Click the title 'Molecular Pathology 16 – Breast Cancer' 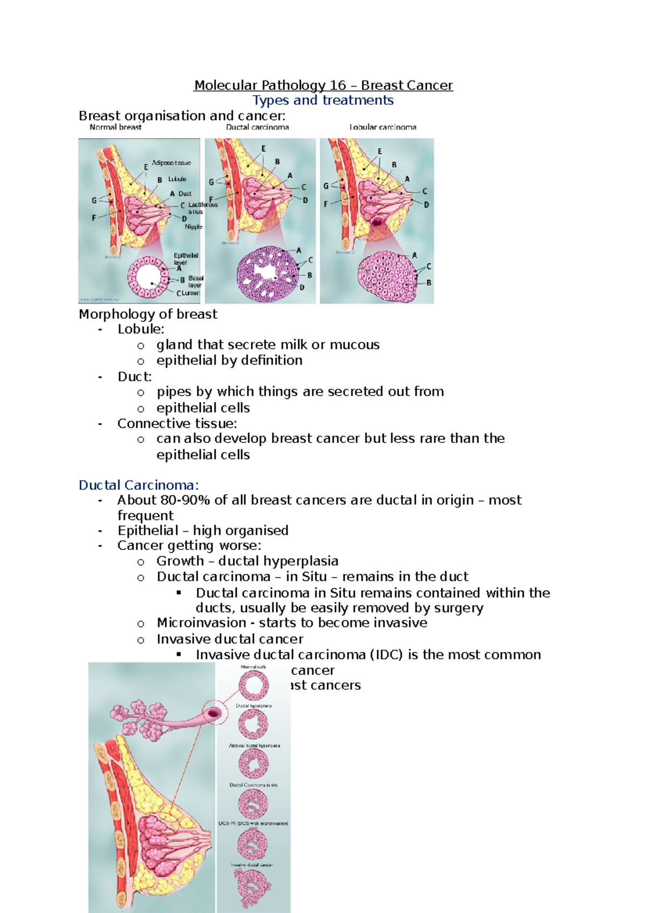[x=323, y=85]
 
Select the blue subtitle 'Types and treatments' [x=323, y=101]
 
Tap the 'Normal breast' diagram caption [x=115, y=127]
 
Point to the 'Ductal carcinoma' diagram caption [x=257, y=127]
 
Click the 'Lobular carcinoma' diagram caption [x=383, y=127]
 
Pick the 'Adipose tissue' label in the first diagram [x=171, y=162]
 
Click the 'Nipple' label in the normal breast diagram [x=193, y=227]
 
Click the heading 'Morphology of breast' [x=148, y=314]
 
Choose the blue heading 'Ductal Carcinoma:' [x=139, y=485]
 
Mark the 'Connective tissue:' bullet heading [x=177, y=424]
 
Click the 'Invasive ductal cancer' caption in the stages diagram [x=251, y=865]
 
